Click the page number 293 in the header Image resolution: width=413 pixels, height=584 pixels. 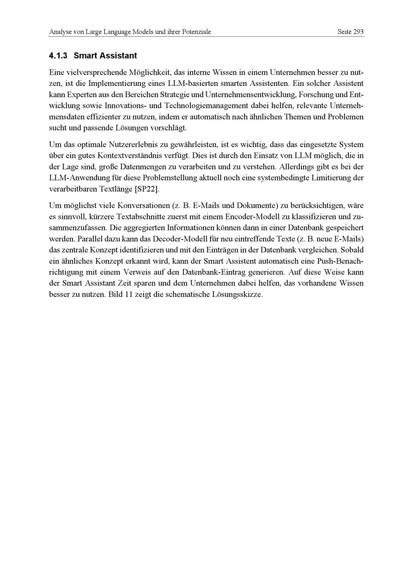(x=358, y=32)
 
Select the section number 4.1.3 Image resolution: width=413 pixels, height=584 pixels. (x=58, y=55)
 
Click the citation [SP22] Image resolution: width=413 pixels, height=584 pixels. (x=147, y=189)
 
